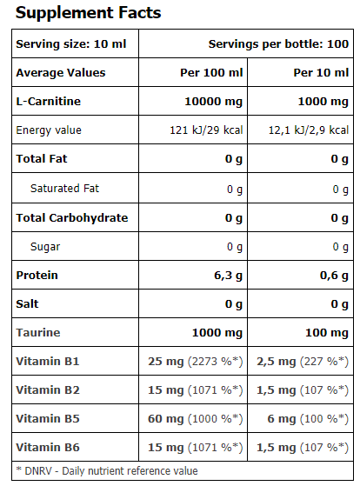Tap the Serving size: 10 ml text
point(65,43)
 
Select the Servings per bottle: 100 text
point(278,43)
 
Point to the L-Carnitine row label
point(49,101)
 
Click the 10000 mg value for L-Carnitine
point(214,101)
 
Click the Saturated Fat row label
point(65,189)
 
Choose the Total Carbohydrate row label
point(72,217)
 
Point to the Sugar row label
point(45,247)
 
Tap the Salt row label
point(29,304)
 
